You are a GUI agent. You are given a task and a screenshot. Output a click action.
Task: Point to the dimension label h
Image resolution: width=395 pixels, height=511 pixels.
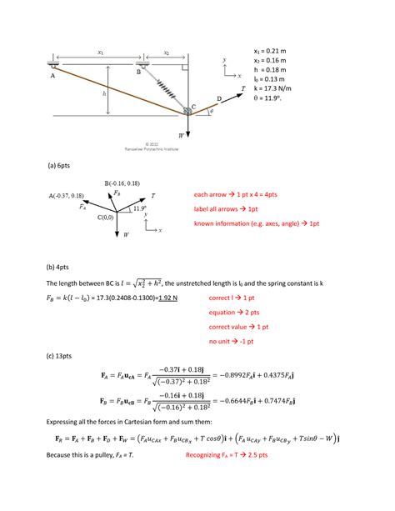[x=104, y=93]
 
